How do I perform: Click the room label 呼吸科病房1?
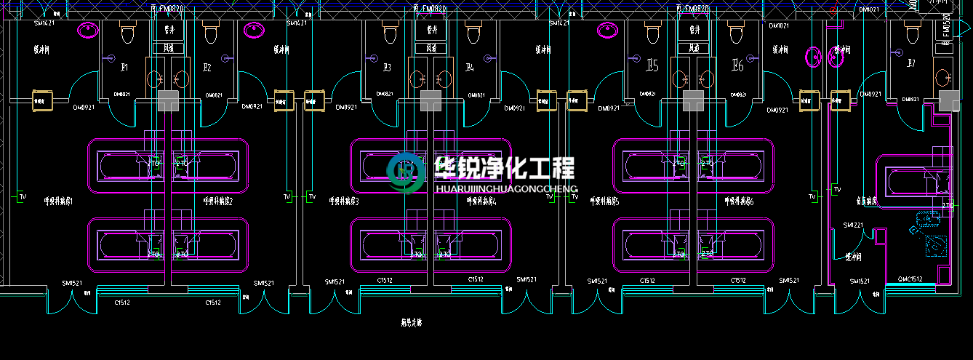point(58,201)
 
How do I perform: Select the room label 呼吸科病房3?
point(344,201)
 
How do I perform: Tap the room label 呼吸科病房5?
point(604,201)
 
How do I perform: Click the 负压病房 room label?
point(866,200)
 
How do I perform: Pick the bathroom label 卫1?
point(124,68)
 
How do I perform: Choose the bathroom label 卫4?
point(470,68)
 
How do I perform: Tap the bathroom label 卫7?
point(910,64)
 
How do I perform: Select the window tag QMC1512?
point(910,279)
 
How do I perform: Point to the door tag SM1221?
point(853,225)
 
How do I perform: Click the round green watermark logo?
point(407,173)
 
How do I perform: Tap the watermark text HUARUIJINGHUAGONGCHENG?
point(505,188)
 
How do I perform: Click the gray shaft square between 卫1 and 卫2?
point(168,100)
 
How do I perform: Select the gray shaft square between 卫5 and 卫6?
point(692,100)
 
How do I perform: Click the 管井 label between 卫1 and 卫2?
point(169,31)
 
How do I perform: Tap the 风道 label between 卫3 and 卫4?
point(431,48)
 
